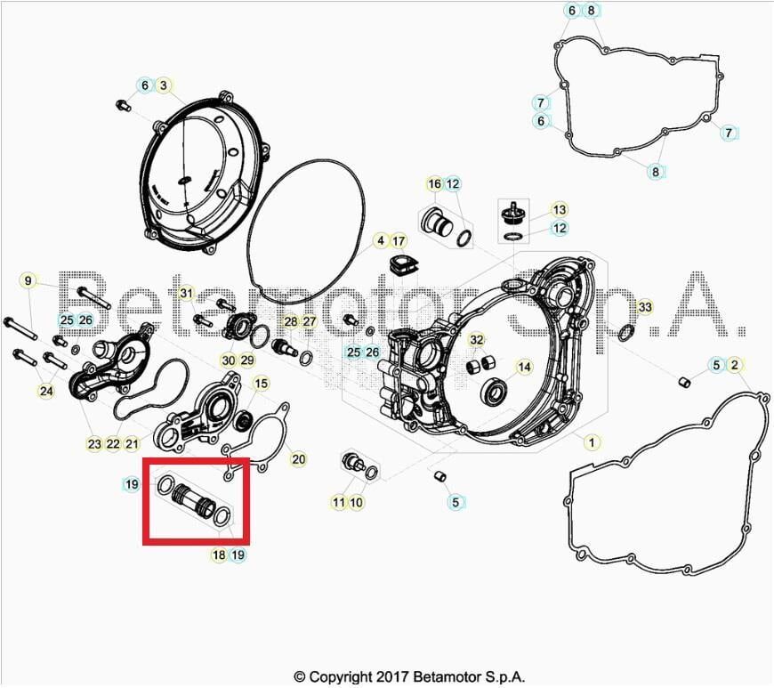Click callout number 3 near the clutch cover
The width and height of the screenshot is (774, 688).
click(163, 85)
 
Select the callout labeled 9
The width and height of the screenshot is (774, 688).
click(28, 281)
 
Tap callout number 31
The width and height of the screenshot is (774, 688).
click(185, 293)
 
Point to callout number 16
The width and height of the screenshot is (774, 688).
click(434, 184)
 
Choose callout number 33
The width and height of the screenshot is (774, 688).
click(645, 307)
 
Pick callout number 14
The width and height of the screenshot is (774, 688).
click(524, 367)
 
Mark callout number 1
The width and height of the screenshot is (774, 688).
click(589, 441)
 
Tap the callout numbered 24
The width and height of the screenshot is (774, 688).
click(45, 390)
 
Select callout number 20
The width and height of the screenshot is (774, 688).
click(298, 459)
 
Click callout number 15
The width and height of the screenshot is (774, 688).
click(261, 384)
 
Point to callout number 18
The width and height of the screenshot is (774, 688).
click(219, 554)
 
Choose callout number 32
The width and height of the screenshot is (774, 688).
click(477, 340)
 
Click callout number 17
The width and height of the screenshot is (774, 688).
click(398, 240)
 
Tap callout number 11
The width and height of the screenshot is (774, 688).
click(338, 502)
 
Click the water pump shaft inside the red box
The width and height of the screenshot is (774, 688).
click(192, 499)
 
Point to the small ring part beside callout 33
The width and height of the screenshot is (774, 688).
click(626, 333)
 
